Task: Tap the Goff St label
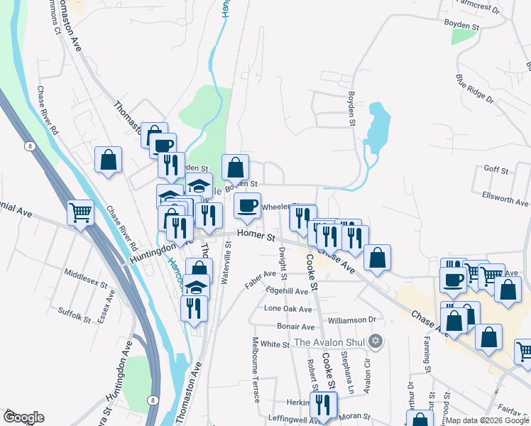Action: point(496,170)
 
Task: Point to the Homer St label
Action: point(256,234)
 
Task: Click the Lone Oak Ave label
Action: point(288,310)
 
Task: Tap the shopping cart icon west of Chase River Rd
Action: point(80,212)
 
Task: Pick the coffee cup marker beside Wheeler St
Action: point(247,206)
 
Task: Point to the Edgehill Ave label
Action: point(287,291)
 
